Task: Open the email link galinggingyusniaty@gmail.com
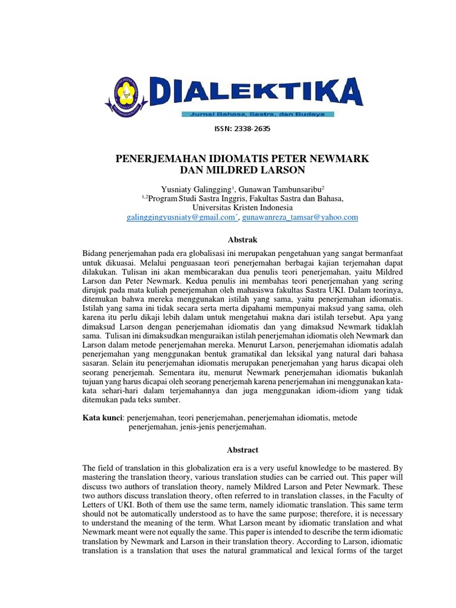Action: (181, 217)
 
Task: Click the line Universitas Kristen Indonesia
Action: (242, 208)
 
